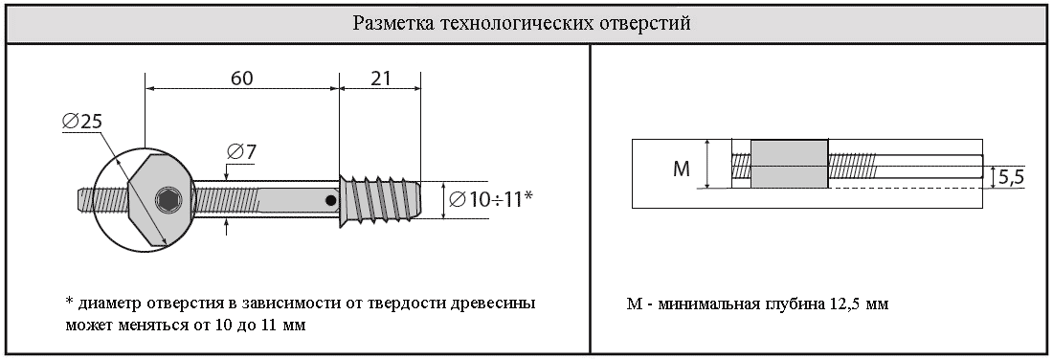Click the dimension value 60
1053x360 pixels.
point(242,79)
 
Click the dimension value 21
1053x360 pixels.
point(380,79)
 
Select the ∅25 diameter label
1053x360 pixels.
point(82,122)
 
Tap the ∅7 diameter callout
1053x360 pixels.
point(242,152)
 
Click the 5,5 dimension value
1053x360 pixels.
point(1011,177)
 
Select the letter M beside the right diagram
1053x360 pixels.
point(682,169)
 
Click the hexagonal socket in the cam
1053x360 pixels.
point(168,199)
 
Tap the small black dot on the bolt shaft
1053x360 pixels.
point(330,200)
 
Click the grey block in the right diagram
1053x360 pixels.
point(789,164)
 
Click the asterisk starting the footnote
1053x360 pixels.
point(69,301)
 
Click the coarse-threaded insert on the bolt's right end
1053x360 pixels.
point(379,199)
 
